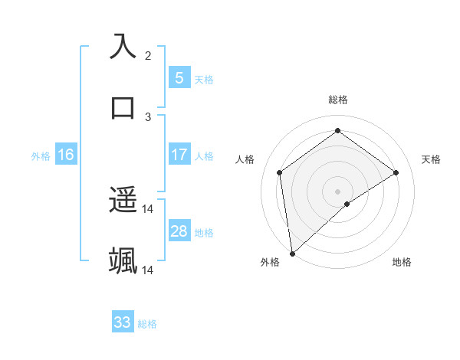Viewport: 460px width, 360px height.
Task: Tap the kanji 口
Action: pos(123,106)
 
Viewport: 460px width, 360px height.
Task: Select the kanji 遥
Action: pos(123,201)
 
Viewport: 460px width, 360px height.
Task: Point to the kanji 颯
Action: pos(123,260)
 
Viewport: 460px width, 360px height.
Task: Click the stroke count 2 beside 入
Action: pos(148,56)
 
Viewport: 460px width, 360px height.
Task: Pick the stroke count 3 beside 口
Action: pos(148,116)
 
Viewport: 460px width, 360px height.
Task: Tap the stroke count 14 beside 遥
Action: pos(148,209)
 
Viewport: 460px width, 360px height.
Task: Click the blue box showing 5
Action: pos(179,77)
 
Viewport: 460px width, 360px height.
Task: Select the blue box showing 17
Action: pos(179,155)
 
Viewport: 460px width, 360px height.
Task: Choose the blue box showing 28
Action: pos(179,231)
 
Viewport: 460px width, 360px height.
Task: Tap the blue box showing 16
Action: pos(65,155)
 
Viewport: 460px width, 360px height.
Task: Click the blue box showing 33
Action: pos(123,322)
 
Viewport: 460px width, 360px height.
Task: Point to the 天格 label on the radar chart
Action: pos(431,159)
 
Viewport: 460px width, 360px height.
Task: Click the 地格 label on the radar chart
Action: pos(402,263)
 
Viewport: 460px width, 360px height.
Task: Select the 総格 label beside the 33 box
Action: pos(147,324)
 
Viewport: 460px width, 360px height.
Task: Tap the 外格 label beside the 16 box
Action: pos(41,156)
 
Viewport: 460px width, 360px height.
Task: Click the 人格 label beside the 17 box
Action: pos(204,156)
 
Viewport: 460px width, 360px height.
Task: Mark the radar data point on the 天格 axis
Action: pos(396,172)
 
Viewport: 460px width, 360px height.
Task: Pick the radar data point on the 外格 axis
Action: pos(292,253)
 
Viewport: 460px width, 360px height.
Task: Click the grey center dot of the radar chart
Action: pos(338,191)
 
